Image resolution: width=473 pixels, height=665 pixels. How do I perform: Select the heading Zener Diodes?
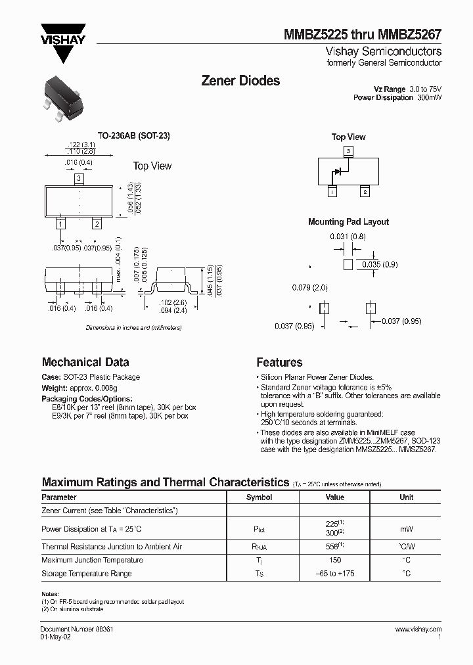pos(240,81)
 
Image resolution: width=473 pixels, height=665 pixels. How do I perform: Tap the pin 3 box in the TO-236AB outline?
pos(78,178)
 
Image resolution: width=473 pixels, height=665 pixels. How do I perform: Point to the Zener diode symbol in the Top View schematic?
pos(338,173)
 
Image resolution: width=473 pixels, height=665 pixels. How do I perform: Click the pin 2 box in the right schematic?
pos(364,192)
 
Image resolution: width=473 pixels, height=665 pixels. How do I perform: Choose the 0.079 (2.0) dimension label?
pos(310,288)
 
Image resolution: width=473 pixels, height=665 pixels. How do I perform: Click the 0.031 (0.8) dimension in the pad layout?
pos(348,237)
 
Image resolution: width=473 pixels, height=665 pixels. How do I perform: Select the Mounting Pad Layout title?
pos(348,221)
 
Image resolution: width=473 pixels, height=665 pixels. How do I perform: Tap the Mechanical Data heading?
pos(85,362)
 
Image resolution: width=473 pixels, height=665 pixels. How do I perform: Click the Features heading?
pos(279,362)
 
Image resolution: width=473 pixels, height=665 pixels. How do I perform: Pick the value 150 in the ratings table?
pos(334,560)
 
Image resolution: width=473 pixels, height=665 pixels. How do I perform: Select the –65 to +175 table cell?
pos(334,574)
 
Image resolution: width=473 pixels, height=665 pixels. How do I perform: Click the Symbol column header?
pos(259,497)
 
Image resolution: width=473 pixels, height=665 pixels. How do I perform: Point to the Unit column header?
pos(406,497)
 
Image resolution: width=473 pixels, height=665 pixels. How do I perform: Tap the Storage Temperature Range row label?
pos(86,574)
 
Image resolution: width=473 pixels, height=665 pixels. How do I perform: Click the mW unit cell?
pos(406,528)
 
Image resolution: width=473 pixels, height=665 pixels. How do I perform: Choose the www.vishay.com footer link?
pos(418,629)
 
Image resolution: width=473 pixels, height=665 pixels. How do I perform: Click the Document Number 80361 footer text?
pos(77,629)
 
